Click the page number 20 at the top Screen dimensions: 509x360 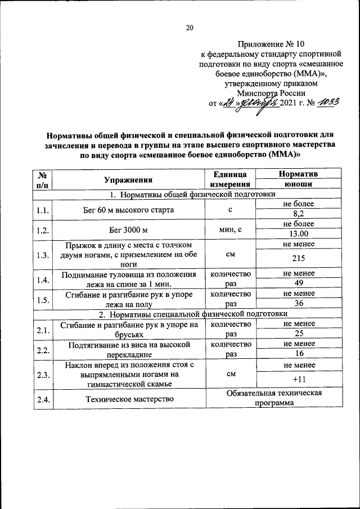(190, 28)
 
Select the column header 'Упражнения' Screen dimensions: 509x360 (129, 180)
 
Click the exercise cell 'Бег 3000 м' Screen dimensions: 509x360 (129, 230)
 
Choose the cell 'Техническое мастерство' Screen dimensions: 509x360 (129, 399)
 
